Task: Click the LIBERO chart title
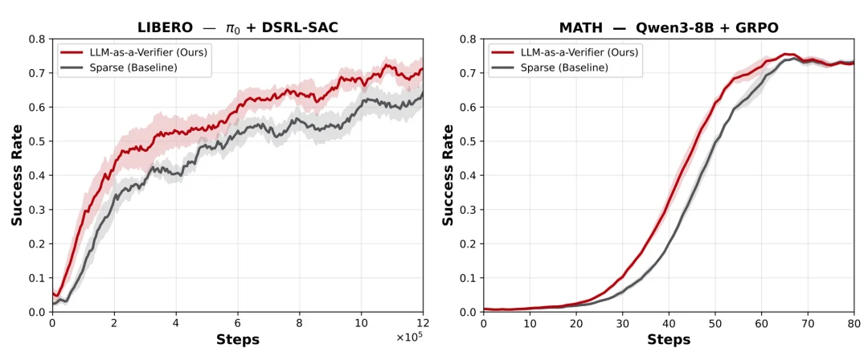click(238, 27)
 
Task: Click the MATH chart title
click(669, 27)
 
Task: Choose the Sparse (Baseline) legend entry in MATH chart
click(548, 67)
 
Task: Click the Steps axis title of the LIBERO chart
click(237, 339)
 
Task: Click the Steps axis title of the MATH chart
click(669, 339)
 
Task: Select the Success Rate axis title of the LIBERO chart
click(18, 175)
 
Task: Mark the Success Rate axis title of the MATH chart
click(448, 175)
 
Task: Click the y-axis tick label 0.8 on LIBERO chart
click(38, 39)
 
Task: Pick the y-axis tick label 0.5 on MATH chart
click(469, 141)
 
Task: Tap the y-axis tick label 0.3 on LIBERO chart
click(38, 210)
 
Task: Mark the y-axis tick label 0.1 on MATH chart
click(469, 278)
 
